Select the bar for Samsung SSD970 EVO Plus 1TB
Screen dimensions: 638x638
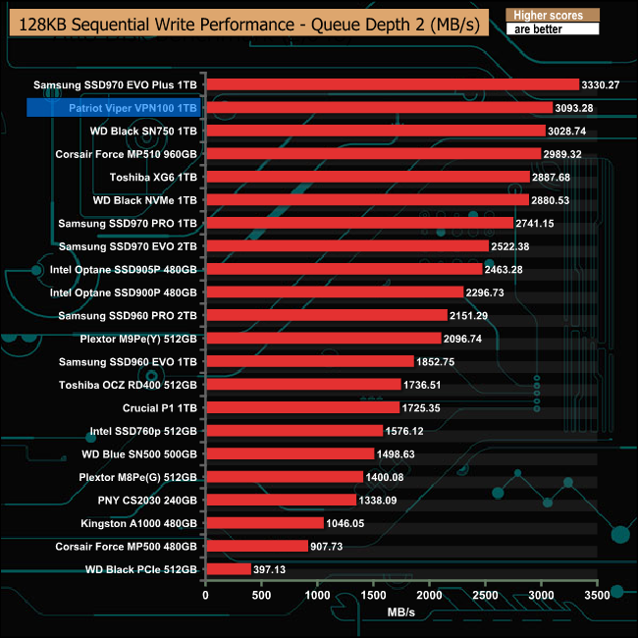tap(392, 84)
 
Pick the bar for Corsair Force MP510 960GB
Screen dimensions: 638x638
tap(373, 154)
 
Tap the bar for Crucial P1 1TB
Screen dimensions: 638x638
tap(302, 407)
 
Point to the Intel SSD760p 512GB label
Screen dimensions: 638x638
tap(143, 430)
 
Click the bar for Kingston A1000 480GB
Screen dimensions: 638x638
tap(264, 522)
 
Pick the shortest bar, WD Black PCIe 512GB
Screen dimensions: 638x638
tap(228, 568)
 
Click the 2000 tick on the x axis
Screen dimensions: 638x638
tap(430, 595)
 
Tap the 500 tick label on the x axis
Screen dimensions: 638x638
tap(261, 595)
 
